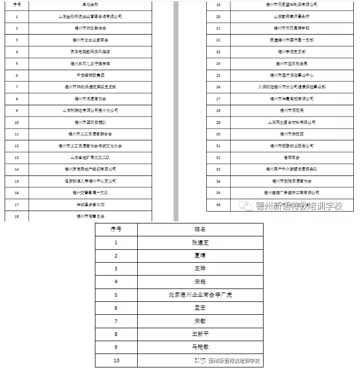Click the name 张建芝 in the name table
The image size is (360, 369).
[x=200, y=242]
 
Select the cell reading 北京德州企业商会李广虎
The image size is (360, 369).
[x=200, y=294]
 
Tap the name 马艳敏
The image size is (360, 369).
[x=200, y=347]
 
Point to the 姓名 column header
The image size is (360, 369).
[x=200, y=229]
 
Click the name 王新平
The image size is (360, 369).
[x=200, y=333]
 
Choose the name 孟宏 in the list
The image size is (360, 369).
[x=200, y=307]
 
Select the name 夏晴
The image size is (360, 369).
[x=200, y=255]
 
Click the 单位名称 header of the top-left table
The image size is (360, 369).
[x=91, y=5]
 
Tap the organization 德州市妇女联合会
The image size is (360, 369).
[x=91, y=28]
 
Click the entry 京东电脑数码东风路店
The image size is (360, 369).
[x=91, y=52]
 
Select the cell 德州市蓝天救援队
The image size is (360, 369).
[x=91, y=122]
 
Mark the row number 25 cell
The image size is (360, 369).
[x=218, y=75]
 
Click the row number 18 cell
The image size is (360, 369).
[x=17, y=216]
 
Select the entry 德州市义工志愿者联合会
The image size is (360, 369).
[x=91, y=134]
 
